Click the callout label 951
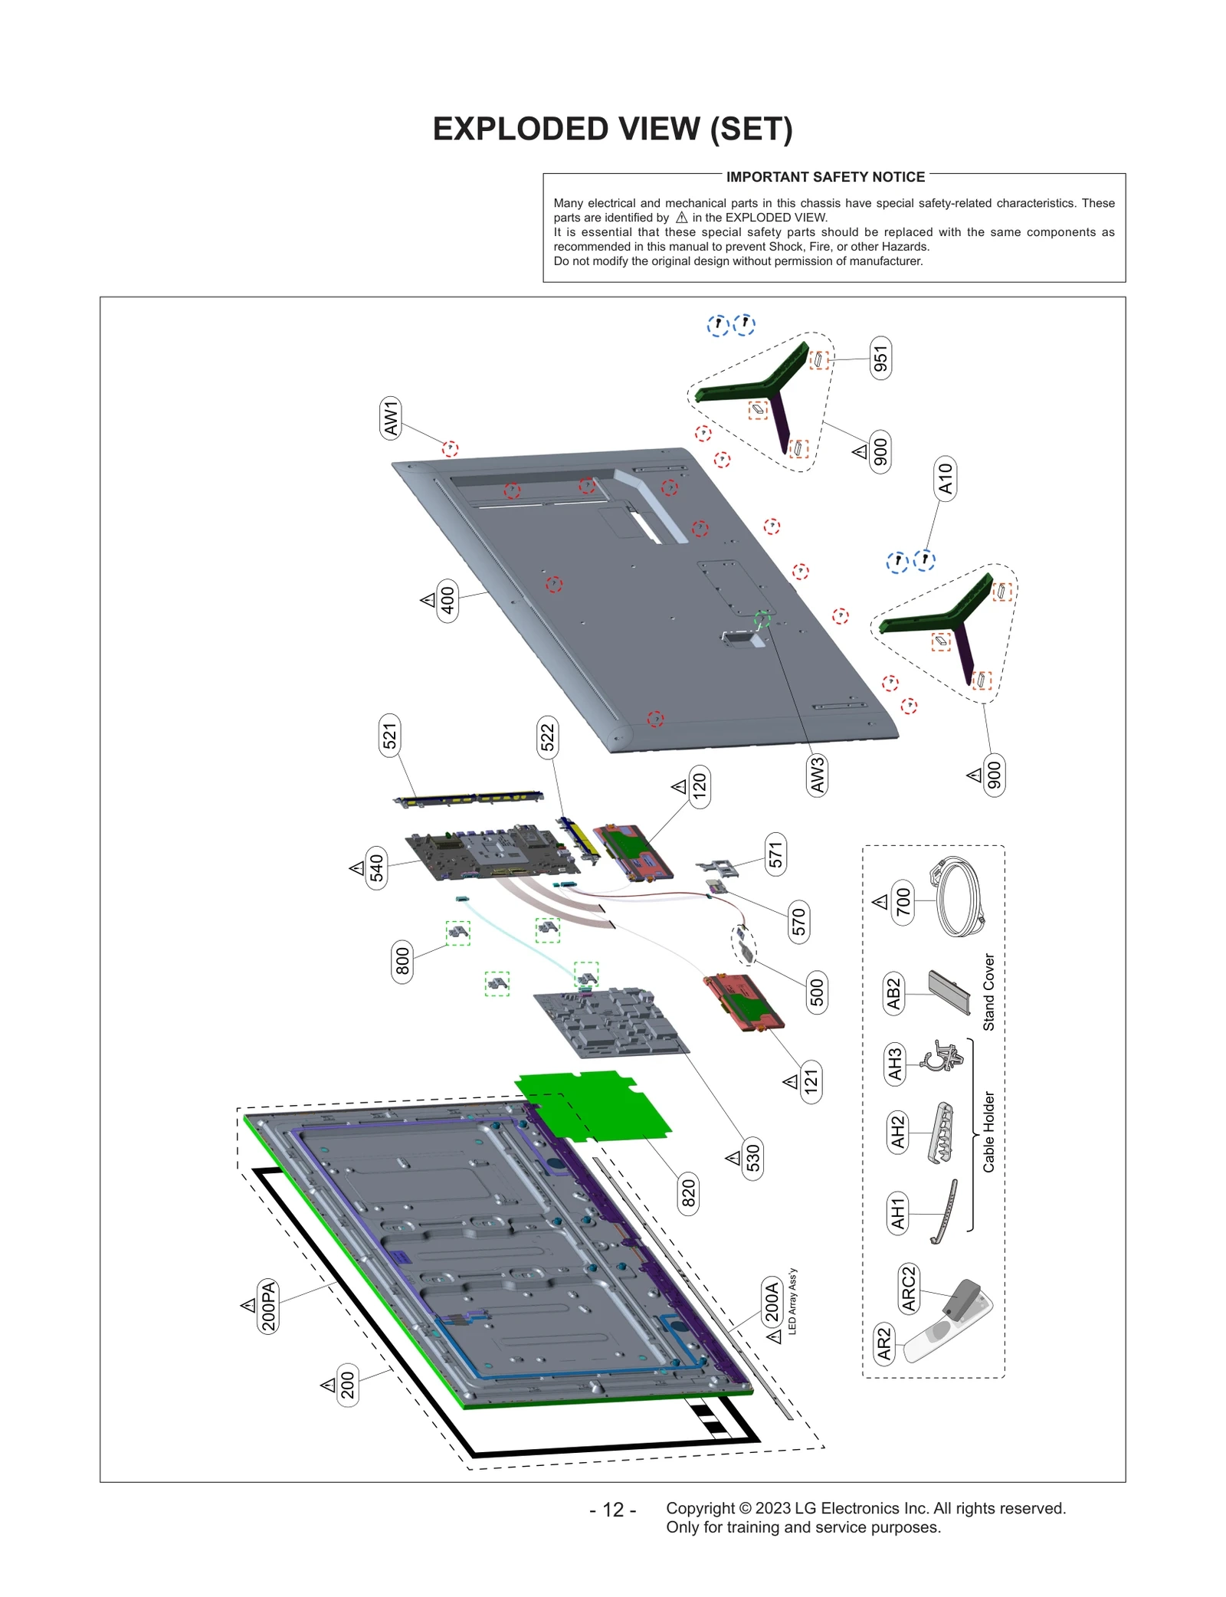pyautogui.click(x=880, y=358)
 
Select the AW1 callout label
pyautogui.click(x=391, y=418)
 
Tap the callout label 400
pyautogui.click(x=447, y=600)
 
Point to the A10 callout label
pyautogui.click(x=946, y=478)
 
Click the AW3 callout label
pyautogui.click(x=818, y=775)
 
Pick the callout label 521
pyautogui.click(x=390, y=736)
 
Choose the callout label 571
pyautogui.click(x=775, y=854)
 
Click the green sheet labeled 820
pyautogui.click(x=594, y=1104)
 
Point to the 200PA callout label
pyautogui.click(x=268, y=1306)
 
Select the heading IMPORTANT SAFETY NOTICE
pyautogui.click(x=825, y=177)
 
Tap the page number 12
pyautogui.click(x=612, y=1510)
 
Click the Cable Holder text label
pyautogui.click(x=988, y=1131)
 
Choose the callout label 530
pyautogui.click(x=753, y=1158)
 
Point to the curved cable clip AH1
pyautogui.click(x=946, y=1212)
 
